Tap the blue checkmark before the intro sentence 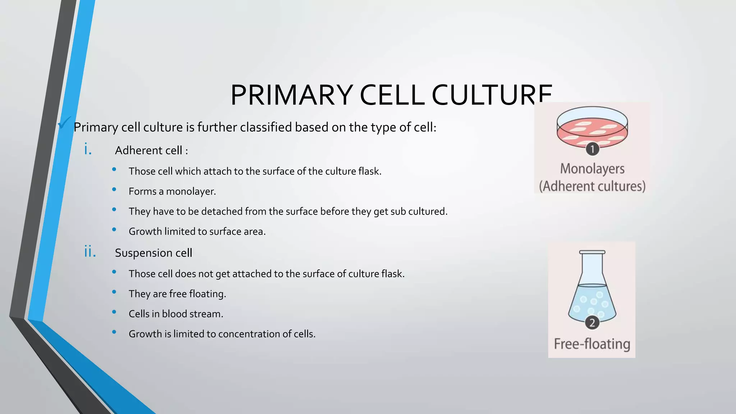tap(64, 123)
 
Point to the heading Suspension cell tap(153, 253)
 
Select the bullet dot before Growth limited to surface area tap(114, 229)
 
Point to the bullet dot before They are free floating tap(114, 292)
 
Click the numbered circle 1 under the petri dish tap(592, 149)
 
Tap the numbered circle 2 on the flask tap(592, 323)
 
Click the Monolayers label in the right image tap(592, 169)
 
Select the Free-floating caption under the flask tap(592, 344)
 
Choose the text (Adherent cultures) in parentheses tap(592, 186)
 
